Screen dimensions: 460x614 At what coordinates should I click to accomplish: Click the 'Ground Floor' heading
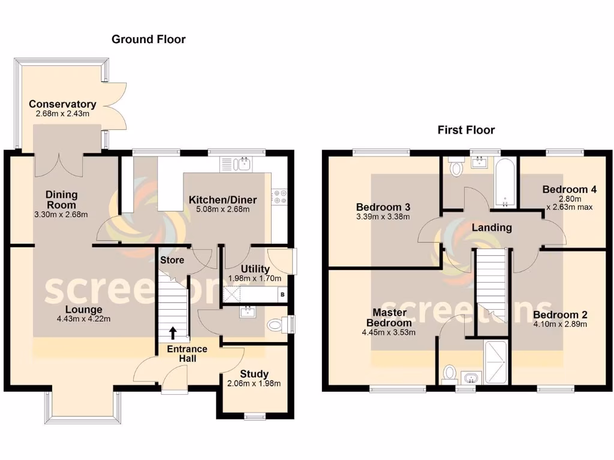point(149,40)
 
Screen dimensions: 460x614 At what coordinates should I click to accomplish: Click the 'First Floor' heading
point(466,130)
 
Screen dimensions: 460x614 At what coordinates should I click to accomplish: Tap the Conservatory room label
point(62,104)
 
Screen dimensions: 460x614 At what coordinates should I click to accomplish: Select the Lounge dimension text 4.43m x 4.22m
point(83,319)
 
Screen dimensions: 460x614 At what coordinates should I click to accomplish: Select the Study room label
point(254,374)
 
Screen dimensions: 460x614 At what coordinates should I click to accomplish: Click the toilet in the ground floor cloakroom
point(275,325)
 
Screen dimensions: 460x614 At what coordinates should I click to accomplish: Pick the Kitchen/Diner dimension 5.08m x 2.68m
point(222,210)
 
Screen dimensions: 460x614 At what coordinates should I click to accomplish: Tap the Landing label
point(492,228)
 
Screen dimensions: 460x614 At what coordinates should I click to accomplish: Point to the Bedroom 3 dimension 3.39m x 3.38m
point(382,217)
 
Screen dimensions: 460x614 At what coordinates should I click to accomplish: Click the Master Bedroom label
point(389,317)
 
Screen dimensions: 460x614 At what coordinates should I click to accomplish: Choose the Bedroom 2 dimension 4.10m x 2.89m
point(559,325)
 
